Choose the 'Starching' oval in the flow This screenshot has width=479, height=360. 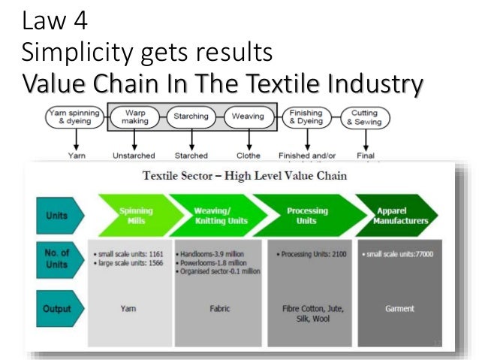191,117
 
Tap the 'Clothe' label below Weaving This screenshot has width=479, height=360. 249,156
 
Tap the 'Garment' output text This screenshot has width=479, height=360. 400,308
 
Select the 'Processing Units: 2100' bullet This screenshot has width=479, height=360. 309,254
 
